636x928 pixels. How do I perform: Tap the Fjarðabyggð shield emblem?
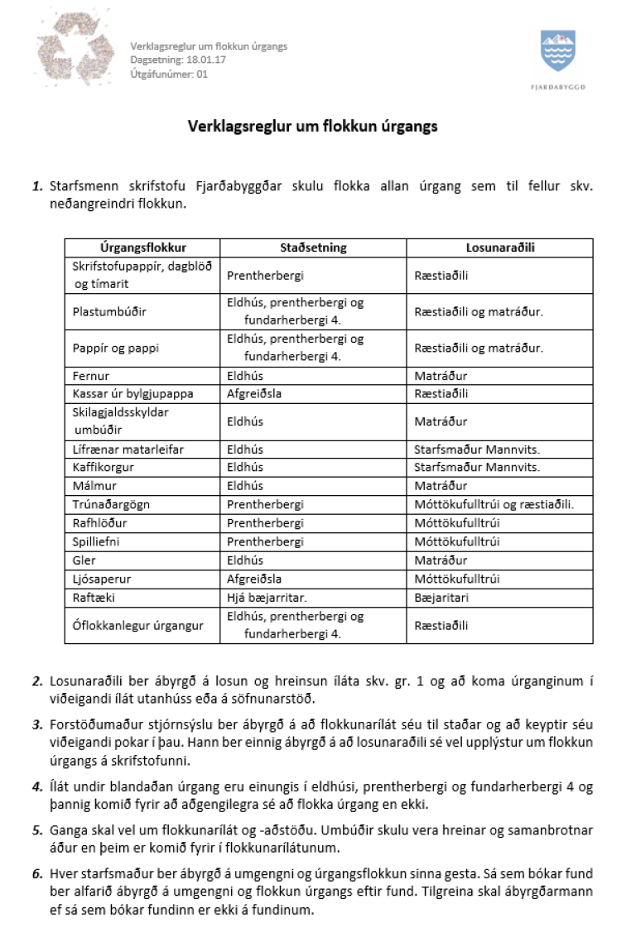click(x=557, y=51)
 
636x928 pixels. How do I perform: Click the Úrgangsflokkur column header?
click(x=142, y=248)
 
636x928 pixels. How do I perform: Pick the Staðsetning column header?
click(x=313, y=248)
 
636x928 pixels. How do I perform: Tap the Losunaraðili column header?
click(x=499, y=248)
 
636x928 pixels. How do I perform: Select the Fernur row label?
click(x=91, y=376)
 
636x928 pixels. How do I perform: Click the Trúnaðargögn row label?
click(x=112, y=504)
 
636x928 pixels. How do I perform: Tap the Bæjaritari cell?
click(x=441, y=597)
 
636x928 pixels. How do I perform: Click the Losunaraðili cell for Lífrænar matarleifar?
click(x=476, y=449)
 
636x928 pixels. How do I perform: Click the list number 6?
click(x=37, y=873)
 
